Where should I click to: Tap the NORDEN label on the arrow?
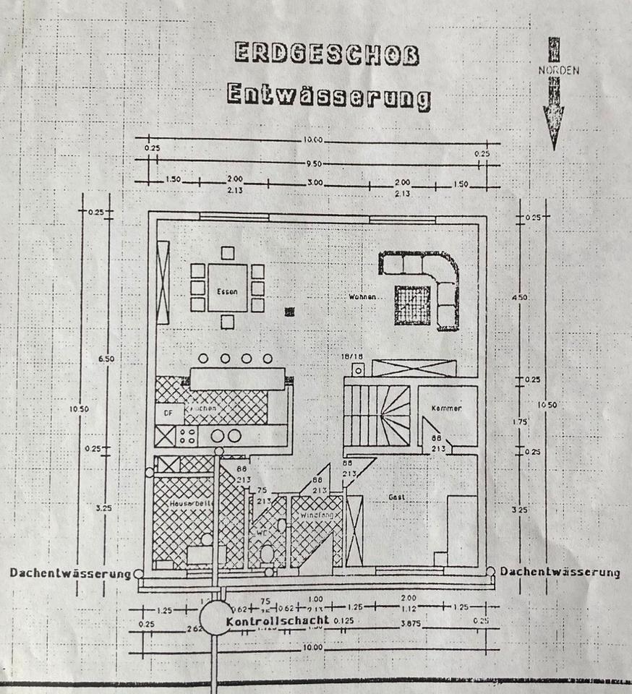(558, 71)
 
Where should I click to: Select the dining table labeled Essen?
(227, 287)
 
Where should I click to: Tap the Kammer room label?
(446, 408)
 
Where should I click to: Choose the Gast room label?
(395, 497)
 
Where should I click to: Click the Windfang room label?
(314, 518)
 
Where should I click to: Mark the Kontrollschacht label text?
(277, 621)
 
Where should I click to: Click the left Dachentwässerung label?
(70, 573)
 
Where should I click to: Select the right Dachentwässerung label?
(560, 572)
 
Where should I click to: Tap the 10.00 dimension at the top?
(313, 140)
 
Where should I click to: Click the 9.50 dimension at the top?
(313, 163)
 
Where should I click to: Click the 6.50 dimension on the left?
(107, 359)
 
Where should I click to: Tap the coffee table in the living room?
(413, 305)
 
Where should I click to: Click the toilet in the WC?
(266, 554)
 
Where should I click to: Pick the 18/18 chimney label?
(352, 357)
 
